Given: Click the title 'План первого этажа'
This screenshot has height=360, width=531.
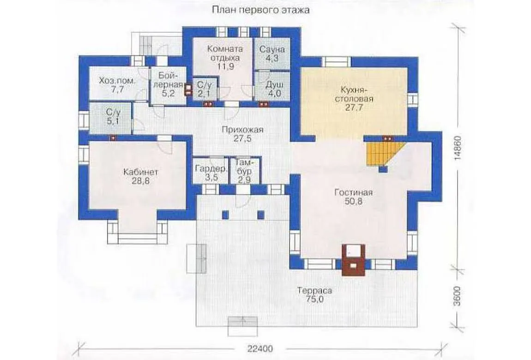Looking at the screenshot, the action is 261,10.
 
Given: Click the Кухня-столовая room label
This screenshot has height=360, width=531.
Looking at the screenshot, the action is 352,95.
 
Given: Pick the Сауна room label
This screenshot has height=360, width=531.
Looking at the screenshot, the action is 272,49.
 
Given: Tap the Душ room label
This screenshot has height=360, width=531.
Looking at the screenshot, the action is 274,84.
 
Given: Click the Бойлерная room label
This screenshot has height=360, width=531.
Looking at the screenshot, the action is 168,80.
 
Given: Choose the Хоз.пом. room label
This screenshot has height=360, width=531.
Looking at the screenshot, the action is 117,81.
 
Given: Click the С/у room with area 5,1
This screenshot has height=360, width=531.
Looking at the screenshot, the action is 113,117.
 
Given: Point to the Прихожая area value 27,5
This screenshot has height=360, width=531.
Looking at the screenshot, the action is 242,138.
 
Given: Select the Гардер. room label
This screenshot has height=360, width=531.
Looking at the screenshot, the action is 211,168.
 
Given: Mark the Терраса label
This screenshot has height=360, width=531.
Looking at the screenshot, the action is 315,291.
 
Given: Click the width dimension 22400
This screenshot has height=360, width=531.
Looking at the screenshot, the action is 260,348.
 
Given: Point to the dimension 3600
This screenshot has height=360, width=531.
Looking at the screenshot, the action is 458,296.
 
